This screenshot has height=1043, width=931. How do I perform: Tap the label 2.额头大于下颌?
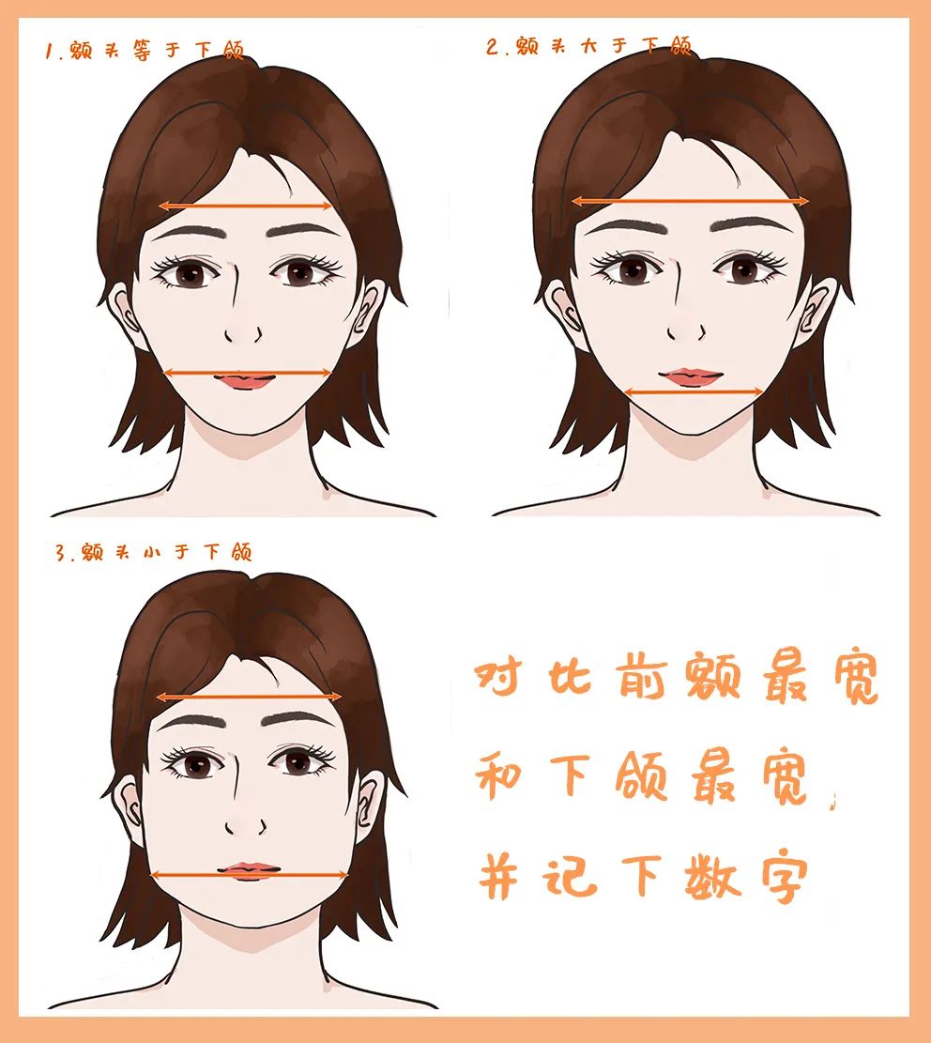click(588, 46)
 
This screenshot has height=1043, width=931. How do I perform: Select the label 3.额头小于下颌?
click(153, 552)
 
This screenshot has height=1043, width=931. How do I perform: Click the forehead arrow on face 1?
click(246, 206)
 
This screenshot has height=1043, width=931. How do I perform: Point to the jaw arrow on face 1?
click(248, 373)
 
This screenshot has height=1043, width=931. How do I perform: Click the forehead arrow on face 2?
click(690, 201)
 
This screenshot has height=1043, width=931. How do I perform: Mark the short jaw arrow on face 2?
click(694, 391)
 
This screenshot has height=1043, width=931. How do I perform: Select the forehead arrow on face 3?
click(249, 697)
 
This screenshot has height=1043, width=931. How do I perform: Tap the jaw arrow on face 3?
click(250, 876)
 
